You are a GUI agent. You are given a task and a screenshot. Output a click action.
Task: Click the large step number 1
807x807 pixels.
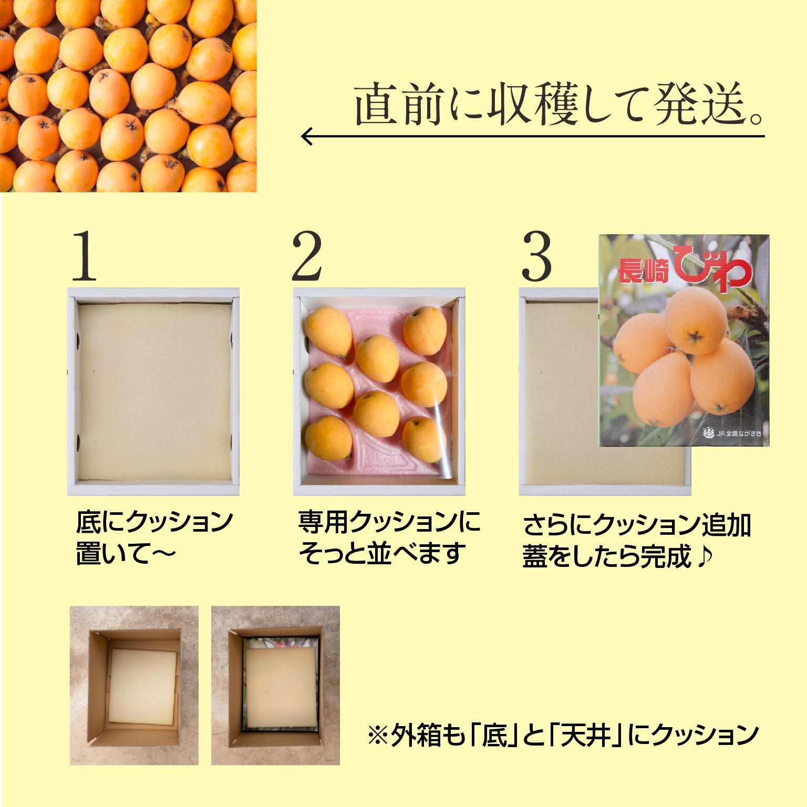click(85, 256)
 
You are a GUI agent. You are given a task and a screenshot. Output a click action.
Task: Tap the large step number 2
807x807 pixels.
click(307, 256)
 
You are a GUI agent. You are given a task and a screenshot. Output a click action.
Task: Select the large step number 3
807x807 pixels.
click(536, 256)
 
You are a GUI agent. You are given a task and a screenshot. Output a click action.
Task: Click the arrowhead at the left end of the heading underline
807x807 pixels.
click(307, 137)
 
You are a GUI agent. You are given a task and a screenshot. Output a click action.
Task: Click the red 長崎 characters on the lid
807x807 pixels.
click(645, 271)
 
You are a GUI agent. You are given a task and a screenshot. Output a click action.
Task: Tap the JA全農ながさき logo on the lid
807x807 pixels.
click(732, 433)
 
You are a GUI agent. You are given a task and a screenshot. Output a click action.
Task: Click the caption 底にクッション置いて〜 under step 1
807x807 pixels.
click(154, 537)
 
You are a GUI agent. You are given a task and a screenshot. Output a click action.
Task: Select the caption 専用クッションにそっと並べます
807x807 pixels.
click(389, 537)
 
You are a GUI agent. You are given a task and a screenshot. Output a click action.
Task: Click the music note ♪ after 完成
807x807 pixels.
click(704, 557)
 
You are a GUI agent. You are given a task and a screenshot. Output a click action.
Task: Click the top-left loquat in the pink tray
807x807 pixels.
click(329, 332)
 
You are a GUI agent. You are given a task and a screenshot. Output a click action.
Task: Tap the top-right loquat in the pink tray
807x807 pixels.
click(425, 330)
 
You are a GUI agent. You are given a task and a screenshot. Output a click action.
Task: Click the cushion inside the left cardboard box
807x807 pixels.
click(142, 687)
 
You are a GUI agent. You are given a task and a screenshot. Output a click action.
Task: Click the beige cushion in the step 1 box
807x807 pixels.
click(154, 392)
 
